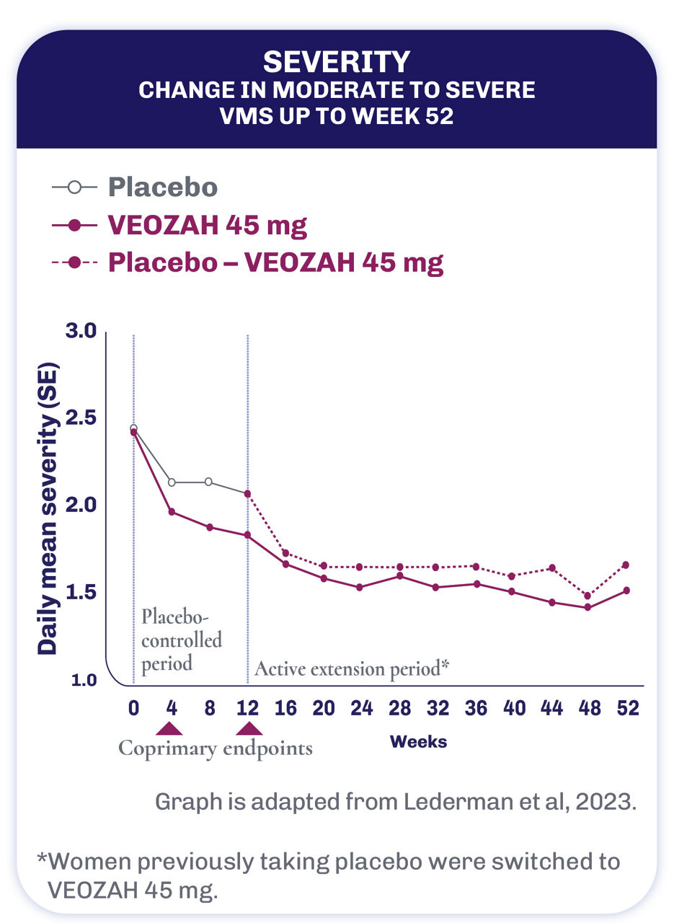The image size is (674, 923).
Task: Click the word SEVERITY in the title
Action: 337,63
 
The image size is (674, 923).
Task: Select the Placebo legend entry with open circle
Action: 162,187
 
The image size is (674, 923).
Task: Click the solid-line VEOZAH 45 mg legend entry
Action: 207,226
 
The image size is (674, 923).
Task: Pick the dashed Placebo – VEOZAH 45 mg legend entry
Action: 275,262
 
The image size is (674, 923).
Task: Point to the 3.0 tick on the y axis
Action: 81,332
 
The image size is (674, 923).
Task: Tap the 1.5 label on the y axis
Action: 81,593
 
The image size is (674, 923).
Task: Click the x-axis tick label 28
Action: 399,708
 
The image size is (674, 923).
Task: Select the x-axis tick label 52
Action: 627,708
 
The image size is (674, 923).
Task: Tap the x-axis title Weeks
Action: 418,741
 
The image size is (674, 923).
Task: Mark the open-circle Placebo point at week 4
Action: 172,482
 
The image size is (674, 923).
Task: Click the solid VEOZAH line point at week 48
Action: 588,607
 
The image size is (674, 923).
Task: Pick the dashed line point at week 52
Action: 626,565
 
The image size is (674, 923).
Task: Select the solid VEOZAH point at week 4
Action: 172,511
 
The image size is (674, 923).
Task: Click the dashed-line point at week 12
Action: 248,494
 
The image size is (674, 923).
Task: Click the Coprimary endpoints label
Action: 216,748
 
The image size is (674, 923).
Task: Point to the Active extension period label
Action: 352,668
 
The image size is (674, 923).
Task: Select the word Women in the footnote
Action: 89,862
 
